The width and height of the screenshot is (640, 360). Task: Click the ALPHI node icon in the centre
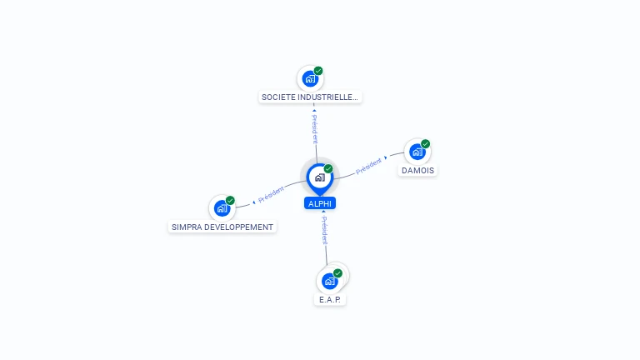[x=319, y=177]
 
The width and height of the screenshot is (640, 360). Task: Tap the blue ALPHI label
[x=320, y=203]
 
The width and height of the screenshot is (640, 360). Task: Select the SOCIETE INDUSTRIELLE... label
[x=310, y=97]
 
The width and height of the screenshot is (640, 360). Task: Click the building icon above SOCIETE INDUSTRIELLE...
[x=310, y=79]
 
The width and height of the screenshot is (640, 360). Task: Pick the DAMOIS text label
[x=417, y=171]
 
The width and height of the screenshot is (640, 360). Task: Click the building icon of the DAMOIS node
[x=417, y=152]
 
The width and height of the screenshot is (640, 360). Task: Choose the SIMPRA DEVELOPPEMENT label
[x=222, y=227]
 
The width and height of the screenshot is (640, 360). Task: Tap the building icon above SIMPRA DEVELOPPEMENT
[x=222, y=208]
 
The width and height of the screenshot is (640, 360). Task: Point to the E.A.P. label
[x=330, y=299]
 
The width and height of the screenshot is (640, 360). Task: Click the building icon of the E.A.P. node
[x=329, y=281]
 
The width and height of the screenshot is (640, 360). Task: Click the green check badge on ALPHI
[x=328, y=168]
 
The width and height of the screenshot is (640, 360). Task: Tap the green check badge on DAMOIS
[x=425, y=144]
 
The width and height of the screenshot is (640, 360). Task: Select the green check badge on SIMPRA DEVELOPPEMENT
[x=230, y=200]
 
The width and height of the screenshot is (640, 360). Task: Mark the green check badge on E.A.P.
[x=337, y=272]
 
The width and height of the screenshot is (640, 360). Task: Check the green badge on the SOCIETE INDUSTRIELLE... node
[x=318, y=71]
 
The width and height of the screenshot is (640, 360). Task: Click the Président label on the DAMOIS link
[x=368, y=166]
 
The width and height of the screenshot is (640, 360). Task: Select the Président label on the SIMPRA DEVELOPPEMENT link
[x=272, y=195]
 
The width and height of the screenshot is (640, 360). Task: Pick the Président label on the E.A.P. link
[x=324, y=230]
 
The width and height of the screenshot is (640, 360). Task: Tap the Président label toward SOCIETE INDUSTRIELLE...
[x=315, y=129]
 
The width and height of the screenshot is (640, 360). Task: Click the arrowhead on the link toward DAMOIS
[x=386, y=157]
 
